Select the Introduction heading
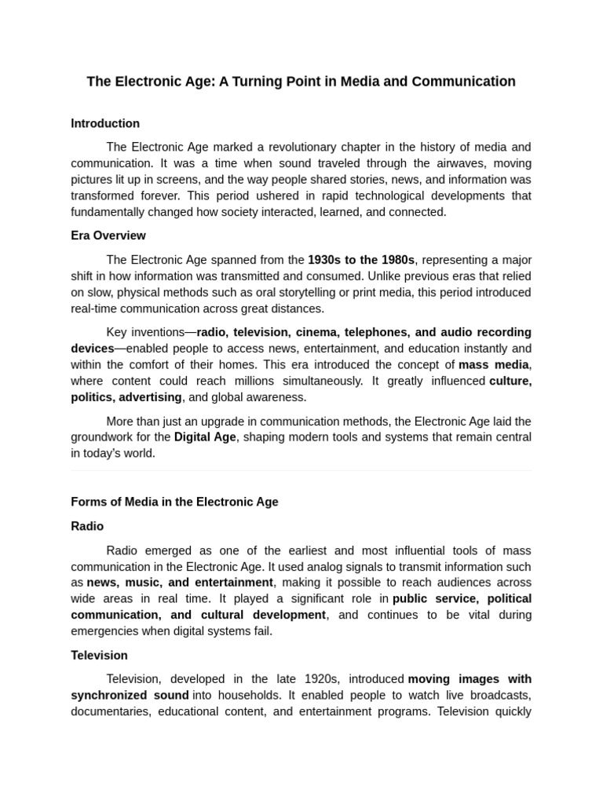click(x=105, y=123)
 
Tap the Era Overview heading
click(x=108, y=236)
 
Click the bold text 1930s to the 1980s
click(x=361, y=260)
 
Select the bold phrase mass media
click(x=494, y=364)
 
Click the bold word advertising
click(x=150, y=397)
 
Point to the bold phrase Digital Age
click(x=205, y=437)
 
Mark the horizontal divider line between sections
click(x=301, y=470)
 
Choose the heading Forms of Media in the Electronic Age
click(x=174, y=502)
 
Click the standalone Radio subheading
click(x=87, y=526)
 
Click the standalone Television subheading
click(x=99, y=655)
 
